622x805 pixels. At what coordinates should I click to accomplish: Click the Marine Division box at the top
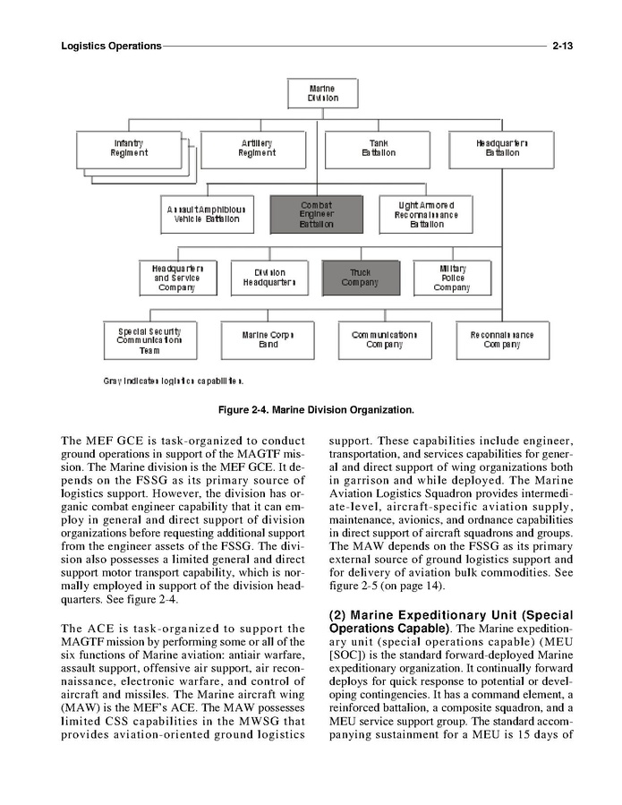tap(322, 93)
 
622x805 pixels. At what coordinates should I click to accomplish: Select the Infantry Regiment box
tap(129, 148)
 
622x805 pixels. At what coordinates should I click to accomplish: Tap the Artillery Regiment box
tap(256, 148)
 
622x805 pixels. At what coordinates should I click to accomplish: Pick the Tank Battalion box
tap(379, 148)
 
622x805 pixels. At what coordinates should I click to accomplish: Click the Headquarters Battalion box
tap(502, 148)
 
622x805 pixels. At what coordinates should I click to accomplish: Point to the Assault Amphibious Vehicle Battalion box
tap(203, 214)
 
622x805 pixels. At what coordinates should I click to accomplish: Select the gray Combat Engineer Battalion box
tap(316, 214)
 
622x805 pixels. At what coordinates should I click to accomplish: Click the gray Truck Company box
tap(360, 278)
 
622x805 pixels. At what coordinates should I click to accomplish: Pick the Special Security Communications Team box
tap(149, 340)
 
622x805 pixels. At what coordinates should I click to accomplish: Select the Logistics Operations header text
tap(111, 45)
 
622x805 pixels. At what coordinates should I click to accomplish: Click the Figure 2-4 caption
tap(317, 410)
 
